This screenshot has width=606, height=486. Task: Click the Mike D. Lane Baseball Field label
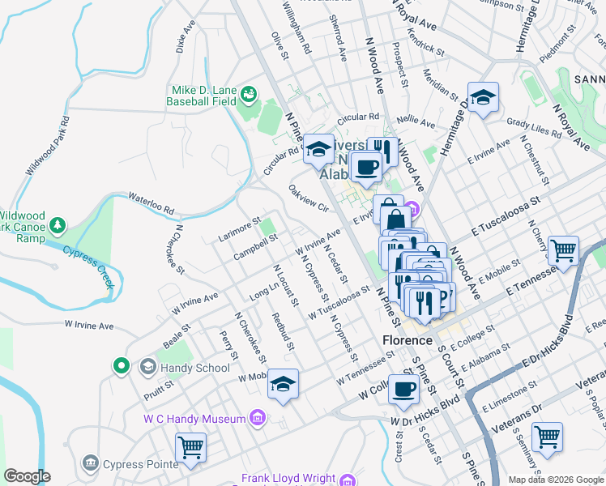pos(202,96)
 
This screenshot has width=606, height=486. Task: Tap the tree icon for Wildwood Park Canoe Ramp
pos(58,224)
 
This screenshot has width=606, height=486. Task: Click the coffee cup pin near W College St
pos(403,388)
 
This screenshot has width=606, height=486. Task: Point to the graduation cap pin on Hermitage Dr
pos(483,97)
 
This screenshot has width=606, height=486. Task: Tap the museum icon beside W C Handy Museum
pos(257,418)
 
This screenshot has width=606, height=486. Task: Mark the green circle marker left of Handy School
pos(122,367)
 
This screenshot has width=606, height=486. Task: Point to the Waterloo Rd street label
pos(150,204)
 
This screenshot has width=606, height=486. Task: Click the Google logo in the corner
pos(27,476)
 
